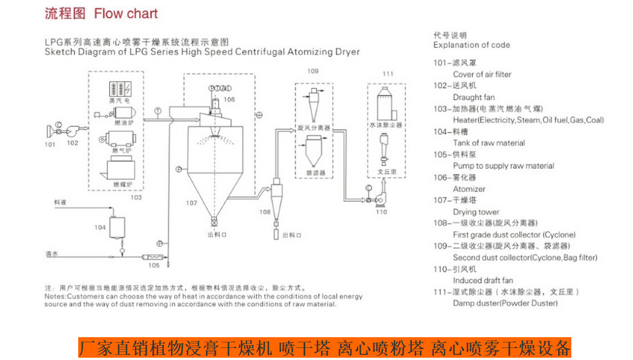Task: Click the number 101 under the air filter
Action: (50, 145)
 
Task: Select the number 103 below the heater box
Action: (135, 197)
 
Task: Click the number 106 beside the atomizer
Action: (229, 99)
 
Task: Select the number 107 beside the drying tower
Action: (191, 203)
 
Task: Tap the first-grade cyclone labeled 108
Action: (276, 193)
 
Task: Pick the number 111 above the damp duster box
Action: (388, 74)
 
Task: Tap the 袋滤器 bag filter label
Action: (315, 172)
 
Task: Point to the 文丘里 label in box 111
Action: (387, 171)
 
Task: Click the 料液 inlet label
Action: (60, 203)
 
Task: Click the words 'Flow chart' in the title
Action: (126, 13)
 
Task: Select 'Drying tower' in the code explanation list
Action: (476, 212)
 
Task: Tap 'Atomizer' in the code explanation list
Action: (469, 189)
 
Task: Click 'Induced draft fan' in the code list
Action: (483, 280)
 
